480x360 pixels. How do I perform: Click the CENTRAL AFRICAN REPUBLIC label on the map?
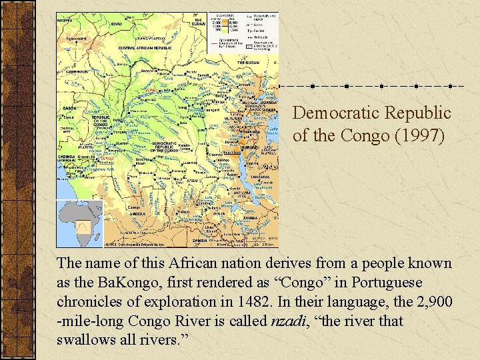145,48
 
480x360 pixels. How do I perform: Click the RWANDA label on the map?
252,131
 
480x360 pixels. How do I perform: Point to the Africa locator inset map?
80,223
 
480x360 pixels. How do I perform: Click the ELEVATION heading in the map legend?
227,15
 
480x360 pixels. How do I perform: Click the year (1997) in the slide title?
427,135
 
